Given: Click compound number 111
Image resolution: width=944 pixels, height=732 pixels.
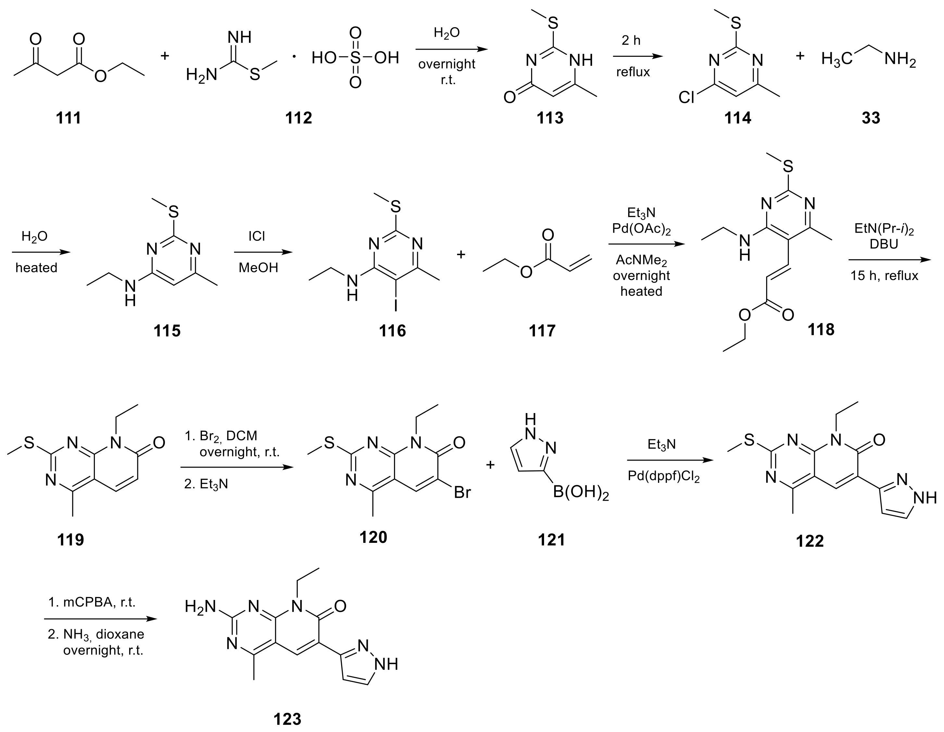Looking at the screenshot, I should (x=68, y=117).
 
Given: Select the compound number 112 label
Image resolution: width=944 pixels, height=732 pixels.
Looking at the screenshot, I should (x=298, y=117).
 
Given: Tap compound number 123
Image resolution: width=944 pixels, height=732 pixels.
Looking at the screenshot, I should (x=287, y=719).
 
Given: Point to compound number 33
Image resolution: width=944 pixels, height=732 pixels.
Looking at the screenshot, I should (x=871, y=117).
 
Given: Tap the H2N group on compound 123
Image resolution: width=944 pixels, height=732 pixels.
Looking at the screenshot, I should (x=200, y=607).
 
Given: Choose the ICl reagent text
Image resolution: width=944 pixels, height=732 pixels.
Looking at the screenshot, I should (x=257, y=236).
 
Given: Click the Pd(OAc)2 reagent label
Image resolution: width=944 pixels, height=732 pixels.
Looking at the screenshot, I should (x=641, y=229).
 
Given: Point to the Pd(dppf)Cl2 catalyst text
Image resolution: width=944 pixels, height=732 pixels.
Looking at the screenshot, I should (x=664, y=477).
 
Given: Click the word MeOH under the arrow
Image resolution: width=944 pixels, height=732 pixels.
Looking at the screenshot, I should (x=258, y=268).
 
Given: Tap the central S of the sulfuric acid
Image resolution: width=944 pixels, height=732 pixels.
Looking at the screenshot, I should (x=355, y=58).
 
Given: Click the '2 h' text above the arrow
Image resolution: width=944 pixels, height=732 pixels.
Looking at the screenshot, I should (x=631, y=40).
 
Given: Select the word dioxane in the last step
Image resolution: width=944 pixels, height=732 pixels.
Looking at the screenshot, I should (x=120, y=634).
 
